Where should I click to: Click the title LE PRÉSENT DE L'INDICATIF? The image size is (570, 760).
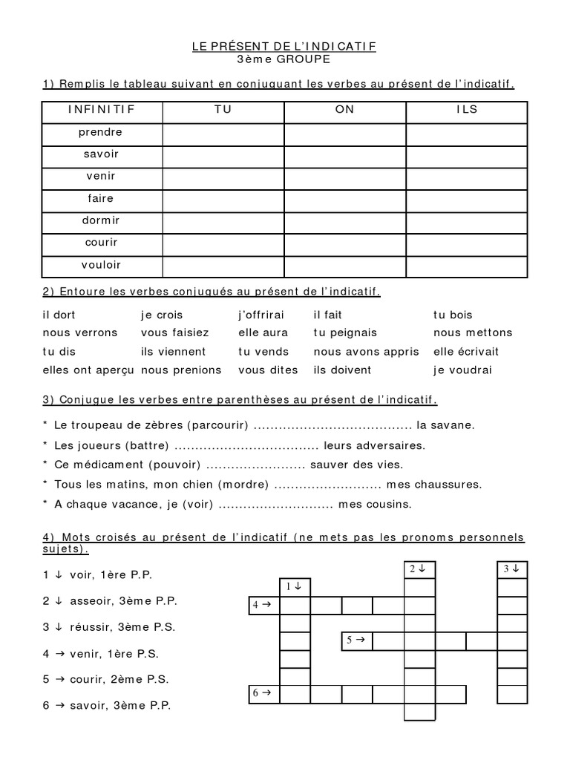click(284, 46)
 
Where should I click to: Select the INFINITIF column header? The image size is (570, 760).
click(102, 110)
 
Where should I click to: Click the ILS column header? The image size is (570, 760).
click(466, 110)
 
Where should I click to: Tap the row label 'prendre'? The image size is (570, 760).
click(102, 132)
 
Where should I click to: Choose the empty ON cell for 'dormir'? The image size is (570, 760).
click(344, 222)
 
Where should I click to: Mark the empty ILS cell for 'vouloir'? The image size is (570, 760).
click(466, 266)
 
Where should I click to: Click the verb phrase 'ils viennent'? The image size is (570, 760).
click(173, 352)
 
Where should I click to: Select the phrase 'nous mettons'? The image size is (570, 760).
click(472, 333)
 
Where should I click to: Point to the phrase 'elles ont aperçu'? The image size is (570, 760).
click(88, 370)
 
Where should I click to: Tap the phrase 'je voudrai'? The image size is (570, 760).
click(462, 370)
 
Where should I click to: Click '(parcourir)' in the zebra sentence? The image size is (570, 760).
click(219, 426)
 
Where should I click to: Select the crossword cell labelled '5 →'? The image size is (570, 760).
click(357, 641)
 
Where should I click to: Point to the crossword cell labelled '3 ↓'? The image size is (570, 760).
click(511, 569)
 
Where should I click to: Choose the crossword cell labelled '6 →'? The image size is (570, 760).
click(263, 694)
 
